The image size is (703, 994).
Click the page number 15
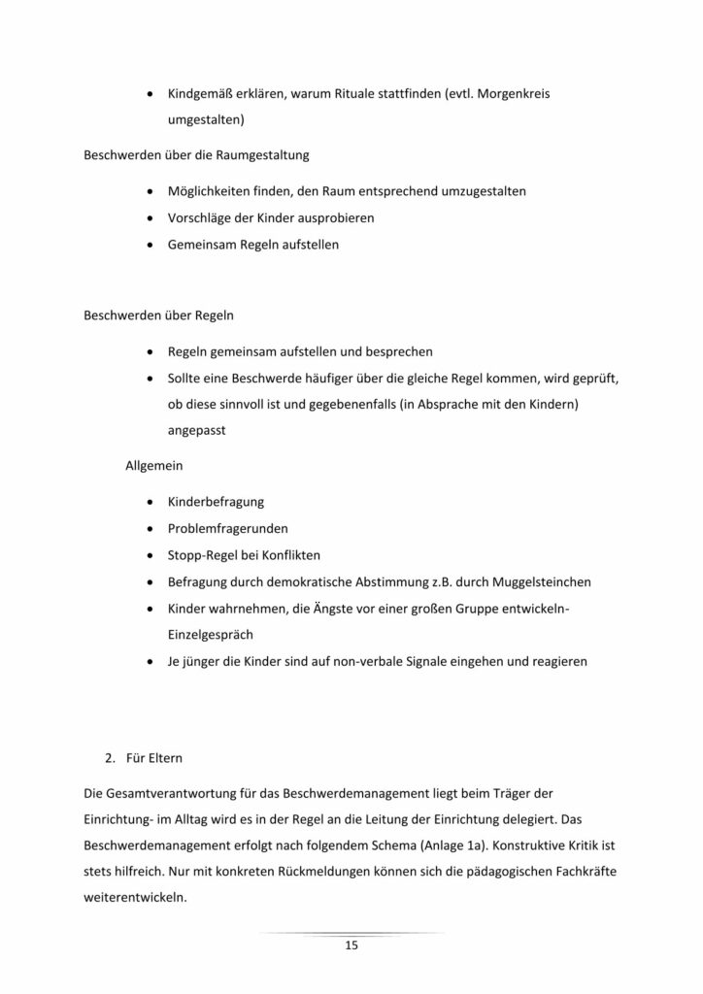351,946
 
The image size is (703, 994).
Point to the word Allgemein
153,466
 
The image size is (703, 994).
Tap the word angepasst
197,431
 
